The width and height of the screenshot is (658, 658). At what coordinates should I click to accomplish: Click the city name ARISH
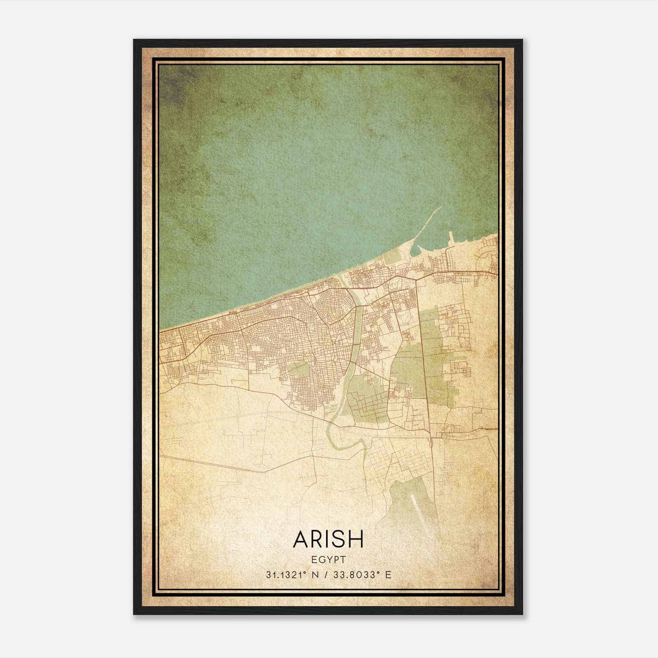(329, 539)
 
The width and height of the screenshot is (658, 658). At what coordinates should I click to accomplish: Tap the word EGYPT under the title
(329, 559)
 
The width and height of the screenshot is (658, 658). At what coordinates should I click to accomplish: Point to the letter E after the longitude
(388, 575)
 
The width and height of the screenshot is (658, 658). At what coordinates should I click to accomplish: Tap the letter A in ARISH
(301, 539)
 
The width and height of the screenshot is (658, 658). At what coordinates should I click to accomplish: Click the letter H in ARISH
(357, 539)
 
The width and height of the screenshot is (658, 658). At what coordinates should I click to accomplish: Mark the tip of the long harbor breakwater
(443, 206)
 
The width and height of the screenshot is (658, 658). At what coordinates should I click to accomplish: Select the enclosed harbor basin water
(430, 245)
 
